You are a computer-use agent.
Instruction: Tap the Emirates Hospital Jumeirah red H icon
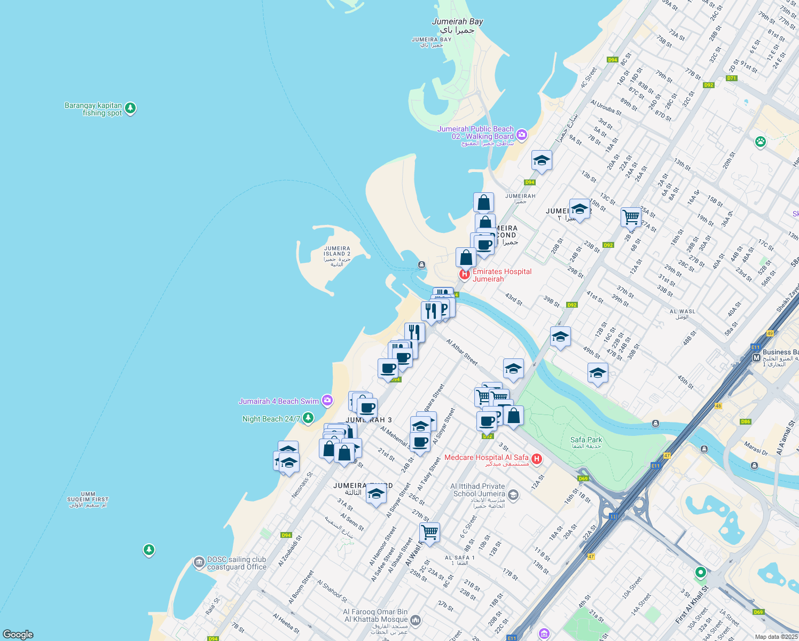(464, 275)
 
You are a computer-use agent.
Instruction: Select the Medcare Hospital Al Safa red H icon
(537, 458)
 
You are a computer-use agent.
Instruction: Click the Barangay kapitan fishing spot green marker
(130, 108)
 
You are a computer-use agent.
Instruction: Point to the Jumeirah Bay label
(457, 22)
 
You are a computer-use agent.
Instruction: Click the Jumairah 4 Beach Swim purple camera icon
(327, 400)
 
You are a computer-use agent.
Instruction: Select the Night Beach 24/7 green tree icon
(308, 418)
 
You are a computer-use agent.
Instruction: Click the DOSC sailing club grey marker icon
(199, 562)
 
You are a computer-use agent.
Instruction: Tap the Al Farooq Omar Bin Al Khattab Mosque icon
(416, 620)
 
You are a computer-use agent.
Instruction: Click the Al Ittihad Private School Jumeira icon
(513, 494)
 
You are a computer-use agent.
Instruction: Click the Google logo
(18, 634)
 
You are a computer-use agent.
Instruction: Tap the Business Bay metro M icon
(756, 358)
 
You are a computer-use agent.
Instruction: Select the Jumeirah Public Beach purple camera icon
(522, 135)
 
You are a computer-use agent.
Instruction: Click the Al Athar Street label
(462, 352)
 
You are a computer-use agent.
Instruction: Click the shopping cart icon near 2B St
(631, 217)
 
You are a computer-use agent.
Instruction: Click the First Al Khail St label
(692, 605)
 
